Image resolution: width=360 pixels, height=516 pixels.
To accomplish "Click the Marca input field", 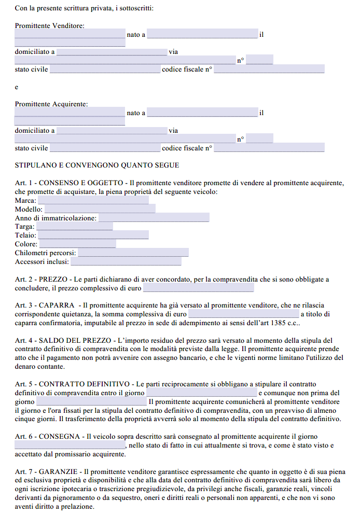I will (x=93, y=200).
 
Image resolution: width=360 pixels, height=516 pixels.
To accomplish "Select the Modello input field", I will (x=100, y=209).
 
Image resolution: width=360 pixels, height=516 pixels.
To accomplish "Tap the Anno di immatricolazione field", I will (x=154, y=218).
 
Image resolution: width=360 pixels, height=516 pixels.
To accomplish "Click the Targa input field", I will (x=74, y=227).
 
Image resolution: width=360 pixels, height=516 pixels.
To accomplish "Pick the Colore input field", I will (x=78, y=244).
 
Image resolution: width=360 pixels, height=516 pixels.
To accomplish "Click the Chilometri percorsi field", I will (x=133, y=253).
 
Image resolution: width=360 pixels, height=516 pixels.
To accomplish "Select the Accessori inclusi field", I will (x=126, y=261).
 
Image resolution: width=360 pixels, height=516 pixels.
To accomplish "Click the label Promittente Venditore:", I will (x=50, y=25).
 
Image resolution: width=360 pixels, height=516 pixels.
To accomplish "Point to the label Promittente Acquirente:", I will (x=51, y=104).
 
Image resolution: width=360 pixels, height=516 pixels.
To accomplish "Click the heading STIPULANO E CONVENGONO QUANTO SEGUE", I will (x=97, y=165).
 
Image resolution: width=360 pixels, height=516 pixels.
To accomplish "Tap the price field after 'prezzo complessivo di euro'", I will (x=198, y=288).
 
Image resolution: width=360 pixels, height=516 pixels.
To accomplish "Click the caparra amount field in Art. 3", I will (x=243, y=314).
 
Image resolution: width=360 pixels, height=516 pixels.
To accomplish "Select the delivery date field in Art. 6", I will (x=70, y=445).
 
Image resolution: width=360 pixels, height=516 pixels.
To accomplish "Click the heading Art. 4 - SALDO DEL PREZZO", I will (x=63, y=340).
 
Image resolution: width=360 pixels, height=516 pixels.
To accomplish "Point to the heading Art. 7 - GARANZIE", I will (x=47, y=472).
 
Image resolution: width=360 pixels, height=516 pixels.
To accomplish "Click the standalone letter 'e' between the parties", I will (x=17, y=87).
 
